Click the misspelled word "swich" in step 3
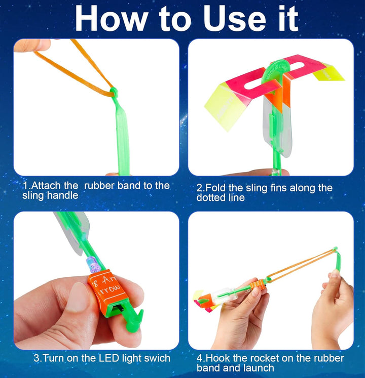tap(156, 358)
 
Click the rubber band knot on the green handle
tap(113, 92)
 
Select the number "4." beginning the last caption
tap(200, 358)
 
